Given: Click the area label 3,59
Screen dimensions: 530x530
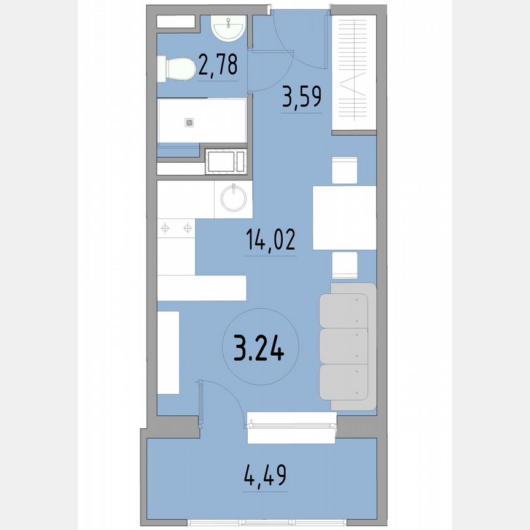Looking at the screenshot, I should click(x=302, y=97).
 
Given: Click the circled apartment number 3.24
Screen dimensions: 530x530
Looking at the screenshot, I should click(x=259, y=350).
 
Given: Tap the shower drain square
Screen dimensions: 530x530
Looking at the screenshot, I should click(x=189, y=123).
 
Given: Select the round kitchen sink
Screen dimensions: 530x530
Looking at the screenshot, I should click(x=234, y=199).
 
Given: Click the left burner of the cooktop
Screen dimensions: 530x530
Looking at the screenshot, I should click(x=164, y=229).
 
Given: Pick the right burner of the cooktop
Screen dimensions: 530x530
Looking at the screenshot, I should click(x=187, y=229).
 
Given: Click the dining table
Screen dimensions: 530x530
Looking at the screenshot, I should click(x=344, y=217).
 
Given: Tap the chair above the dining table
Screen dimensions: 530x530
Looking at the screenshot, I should click(x=344, y=169).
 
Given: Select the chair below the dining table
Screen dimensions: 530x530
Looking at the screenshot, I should click(x=344, y=265).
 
